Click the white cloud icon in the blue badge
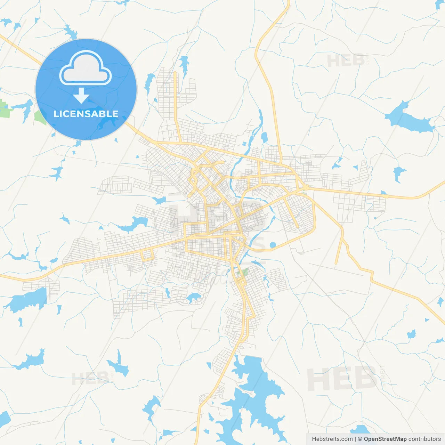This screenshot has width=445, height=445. (86, 68)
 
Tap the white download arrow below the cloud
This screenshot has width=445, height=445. (81, 96)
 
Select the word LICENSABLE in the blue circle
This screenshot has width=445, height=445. (86, 114)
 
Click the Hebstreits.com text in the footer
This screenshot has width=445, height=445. (332, 439)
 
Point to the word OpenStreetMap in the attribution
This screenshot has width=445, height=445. (385, 439)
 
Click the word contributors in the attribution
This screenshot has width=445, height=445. (424, 439)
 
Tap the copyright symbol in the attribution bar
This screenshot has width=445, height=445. (360, 439)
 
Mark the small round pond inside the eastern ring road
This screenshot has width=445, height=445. (273, 245)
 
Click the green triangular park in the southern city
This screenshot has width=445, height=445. (244, 272)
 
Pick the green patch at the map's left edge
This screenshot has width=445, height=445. (4, 108)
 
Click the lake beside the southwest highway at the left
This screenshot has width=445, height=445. (28, 300)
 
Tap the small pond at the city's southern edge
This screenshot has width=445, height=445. (193, 297)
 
